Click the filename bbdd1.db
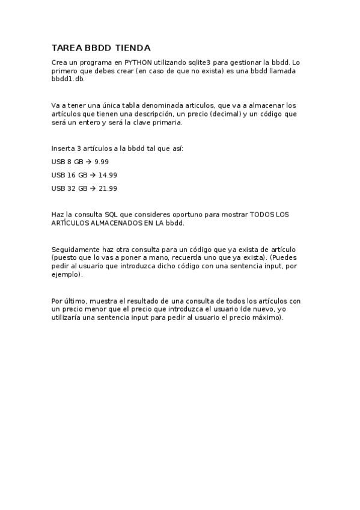coord(68,79)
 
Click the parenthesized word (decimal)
coord(225,114)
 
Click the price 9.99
coord(102,161)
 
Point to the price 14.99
coord(108,174)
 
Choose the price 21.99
coord(108,188)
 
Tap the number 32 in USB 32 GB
coord(71,188)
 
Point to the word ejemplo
coord(66,274)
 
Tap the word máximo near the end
coord(266,318)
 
